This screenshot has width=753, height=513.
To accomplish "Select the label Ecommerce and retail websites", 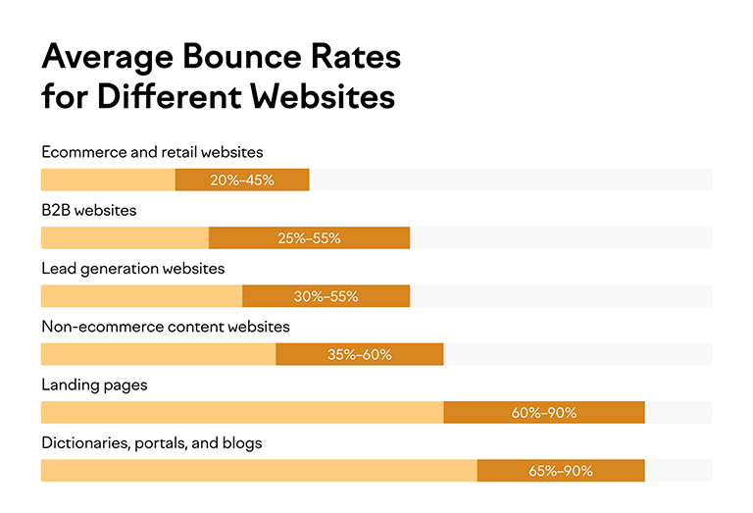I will (x=152, y=152).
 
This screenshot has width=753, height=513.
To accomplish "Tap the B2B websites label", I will (x=88, y=210).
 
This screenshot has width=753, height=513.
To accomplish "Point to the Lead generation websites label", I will (x=132, y=268).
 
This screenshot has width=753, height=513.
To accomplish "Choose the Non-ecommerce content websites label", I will (x=165, y=326).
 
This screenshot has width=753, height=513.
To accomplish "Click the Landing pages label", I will (x=94, y=385).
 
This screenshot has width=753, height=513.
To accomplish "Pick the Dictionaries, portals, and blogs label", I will (x=151, y=442).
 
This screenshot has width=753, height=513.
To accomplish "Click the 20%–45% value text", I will (x=242, y=180).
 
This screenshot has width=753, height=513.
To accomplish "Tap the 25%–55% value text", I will (x=309, y=238).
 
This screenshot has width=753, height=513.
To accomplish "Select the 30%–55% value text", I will (x=326, y=296).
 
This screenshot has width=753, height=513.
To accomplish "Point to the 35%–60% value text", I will (x=359, y=354).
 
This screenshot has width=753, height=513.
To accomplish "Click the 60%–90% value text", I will (x=543, y=413).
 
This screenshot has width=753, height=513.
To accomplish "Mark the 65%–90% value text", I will (x=560, y=471).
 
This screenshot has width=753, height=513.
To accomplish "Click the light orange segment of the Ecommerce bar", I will (x=108, y=180).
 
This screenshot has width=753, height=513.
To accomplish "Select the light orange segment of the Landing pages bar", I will (x=241, y=413).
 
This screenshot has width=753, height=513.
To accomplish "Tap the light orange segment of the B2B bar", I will (x=125, y=238).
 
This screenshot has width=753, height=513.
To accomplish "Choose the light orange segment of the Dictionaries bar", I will (x=259, y=471).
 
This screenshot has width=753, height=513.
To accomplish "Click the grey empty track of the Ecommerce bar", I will (x=510, y=180).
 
